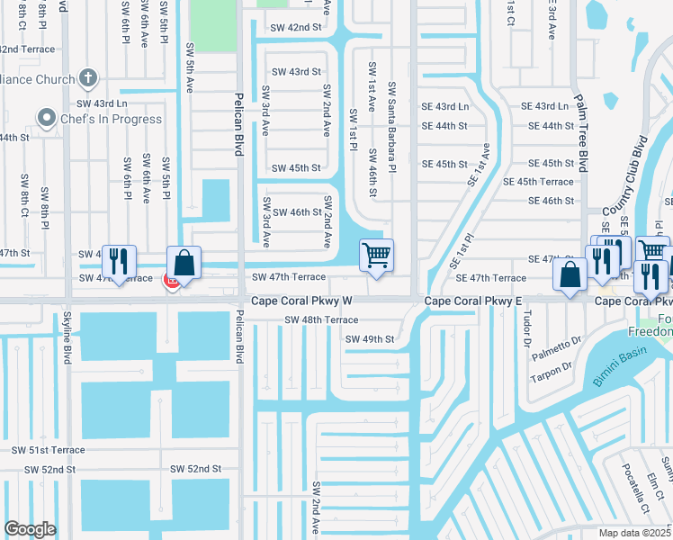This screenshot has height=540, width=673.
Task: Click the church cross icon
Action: [x=88, y=78]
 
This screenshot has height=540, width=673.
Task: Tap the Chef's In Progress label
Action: [x=112, y=119]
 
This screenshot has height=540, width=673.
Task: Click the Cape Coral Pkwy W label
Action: [x=302, y=301]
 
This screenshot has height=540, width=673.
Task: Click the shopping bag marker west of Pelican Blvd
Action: [x=184, y=263]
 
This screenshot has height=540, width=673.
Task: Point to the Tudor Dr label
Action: [x=527, y=328]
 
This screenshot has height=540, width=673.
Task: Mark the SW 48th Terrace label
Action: [x=321, y=320]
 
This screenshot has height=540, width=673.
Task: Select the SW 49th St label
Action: [x=370, y=339]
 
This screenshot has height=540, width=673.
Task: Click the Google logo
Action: [x=30, y=529]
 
